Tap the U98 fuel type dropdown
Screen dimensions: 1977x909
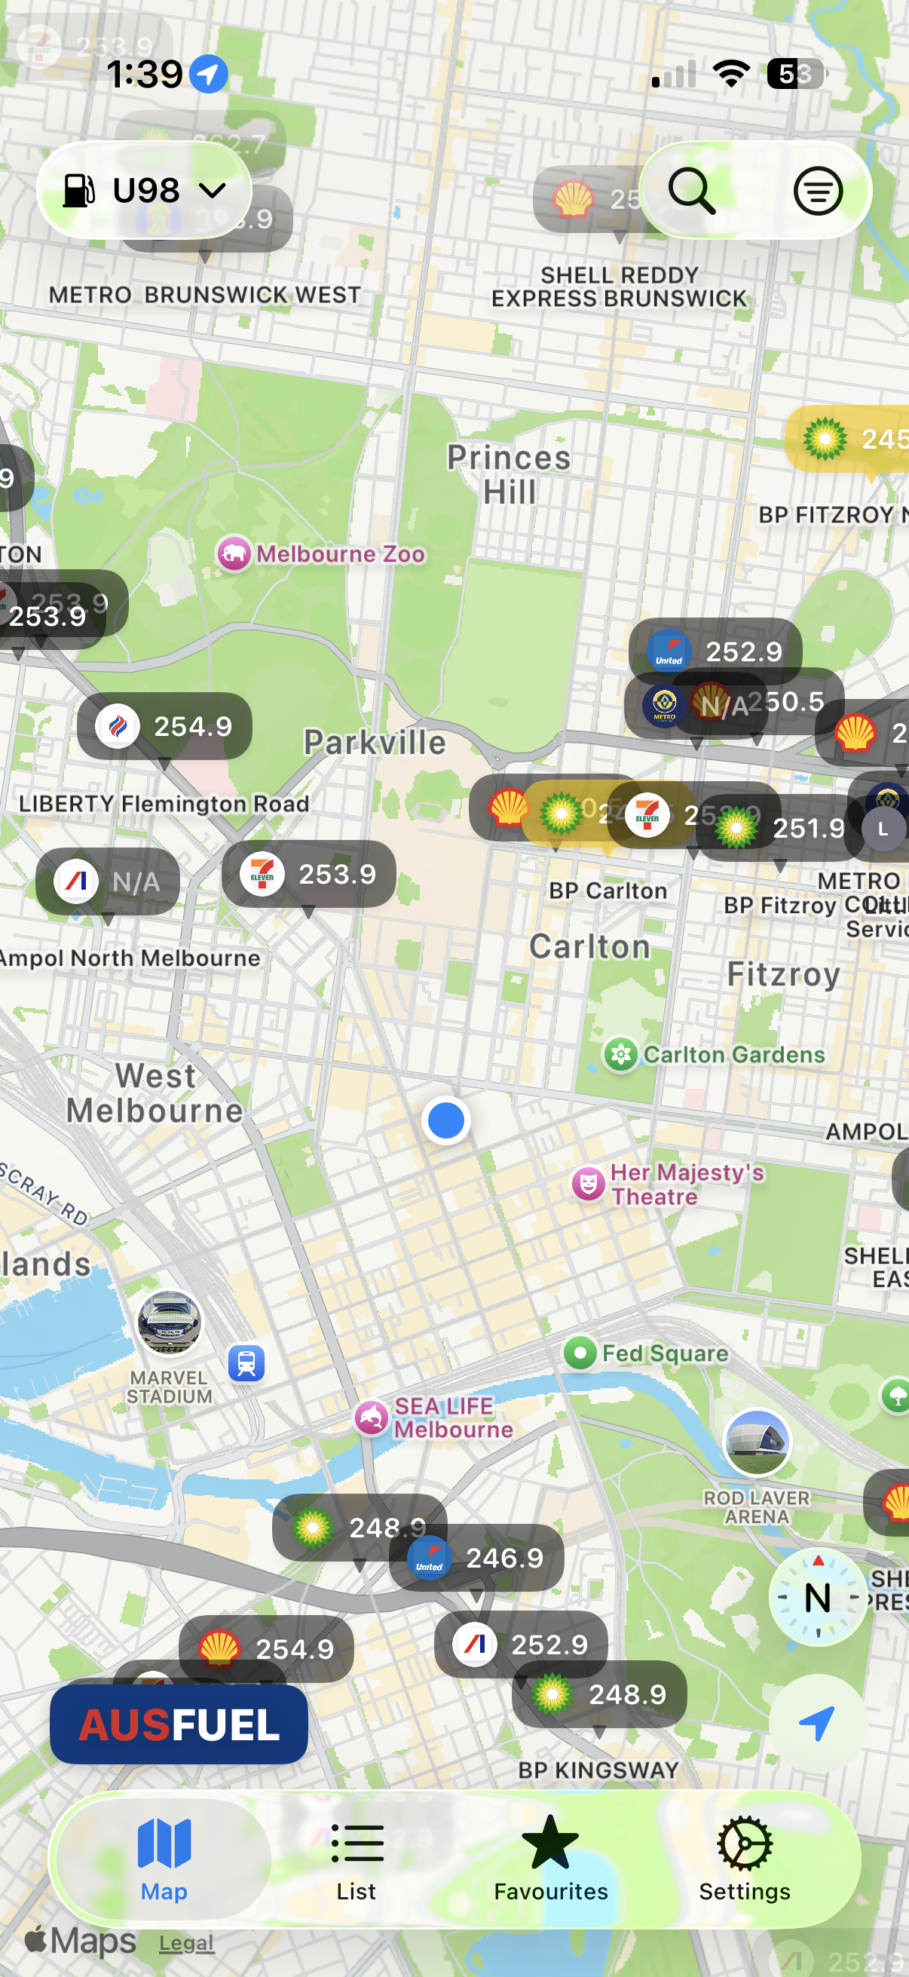click(x=144, y=190)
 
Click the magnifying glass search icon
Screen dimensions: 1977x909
click(x=692, y=190)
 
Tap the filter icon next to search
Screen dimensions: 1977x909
click(x=818, y=190)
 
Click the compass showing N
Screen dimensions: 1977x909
click(x=818, y=1597)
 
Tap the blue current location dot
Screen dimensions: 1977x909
click(x=445, y=1120)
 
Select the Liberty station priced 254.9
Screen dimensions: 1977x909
click(x=164, y=726)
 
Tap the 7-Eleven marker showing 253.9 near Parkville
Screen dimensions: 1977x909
click(x=308, y=874)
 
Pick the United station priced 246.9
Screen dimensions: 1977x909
click(x=476, y=1558)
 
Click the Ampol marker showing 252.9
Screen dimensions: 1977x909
click(x=521, y=1644)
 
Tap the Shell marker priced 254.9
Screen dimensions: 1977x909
click(x=265, y=1648)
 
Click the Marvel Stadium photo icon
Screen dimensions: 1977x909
click(x=169, y=1323)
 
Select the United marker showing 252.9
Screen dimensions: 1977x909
click(x=715, y=651)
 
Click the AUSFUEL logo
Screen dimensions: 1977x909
click(x=179, y=1724)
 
